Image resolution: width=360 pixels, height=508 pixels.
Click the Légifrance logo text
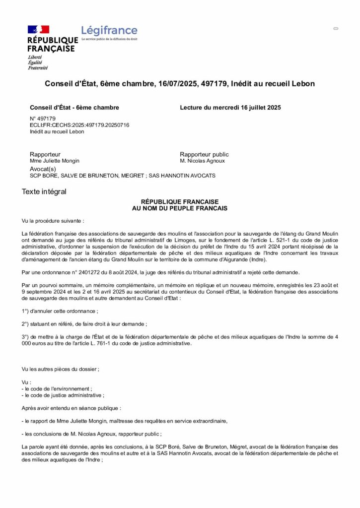point(109,31)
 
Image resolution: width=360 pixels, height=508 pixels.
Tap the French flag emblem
point(38,30)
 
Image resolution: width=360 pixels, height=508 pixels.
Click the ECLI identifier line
point(79,125)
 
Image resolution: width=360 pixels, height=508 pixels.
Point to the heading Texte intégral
point(44,191)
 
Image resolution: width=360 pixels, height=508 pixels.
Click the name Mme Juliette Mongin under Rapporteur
point(55,161)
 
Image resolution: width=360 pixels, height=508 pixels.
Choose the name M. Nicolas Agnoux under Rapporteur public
point(202,161)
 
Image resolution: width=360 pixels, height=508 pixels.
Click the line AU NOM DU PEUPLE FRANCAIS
point(180,208)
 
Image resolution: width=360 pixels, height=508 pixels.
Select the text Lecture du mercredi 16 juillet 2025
point(230,108)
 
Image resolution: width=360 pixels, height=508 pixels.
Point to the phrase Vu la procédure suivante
point(53,220)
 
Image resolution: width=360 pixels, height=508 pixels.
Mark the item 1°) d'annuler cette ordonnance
point(60,311)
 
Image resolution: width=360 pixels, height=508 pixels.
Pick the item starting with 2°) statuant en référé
point(84,324)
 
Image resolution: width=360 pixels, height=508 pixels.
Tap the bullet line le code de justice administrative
point(63,395)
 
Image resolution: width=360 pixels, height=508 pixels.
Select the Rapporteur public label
point(204,154)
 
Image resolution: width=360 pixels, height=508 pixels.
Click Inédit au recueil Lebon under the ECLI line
point(57,131)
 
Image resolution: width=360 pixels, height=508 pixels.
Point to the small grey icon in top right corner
point(336,29)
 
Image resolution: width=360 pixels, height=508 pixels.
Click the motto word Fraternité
point(38,67)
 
